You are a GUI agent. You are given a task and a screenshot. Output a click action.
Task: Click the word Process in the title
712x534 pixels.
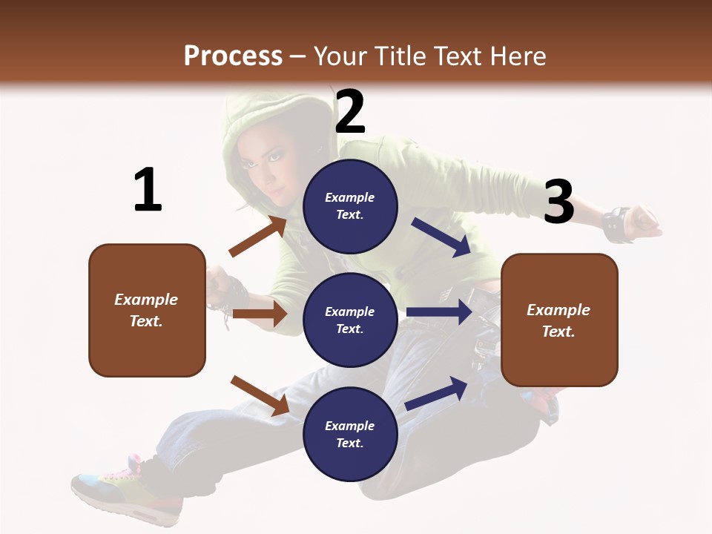(x=233, y=56)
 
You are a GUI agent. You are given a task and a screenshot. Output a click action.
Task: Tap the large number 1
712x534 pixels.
(x=148, y=190)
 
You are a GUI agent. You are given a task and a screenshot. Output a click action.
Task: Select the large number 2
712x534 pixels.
(x=350, y=112)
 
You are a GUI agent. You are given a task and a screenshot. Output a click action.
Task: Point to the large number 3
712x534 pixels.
(x=558, y=202)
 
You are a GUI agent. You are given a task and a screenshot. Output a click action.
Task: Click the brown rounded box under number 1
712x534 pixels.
(x=147, y=310)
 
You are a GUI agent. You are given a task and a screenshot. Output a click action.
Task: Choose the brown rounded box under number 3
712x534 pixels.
(x=559, y=320)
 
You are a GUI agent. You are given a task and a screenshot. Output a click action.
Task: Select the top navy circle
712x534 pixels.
(x=350, y=206)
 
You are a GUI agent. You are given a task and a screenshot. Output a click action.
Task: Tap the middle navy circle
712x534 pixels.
(x=350, y=320)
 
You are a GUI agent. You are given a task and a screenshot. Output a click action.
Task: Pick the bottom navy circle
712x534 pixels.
(x=350, y=434)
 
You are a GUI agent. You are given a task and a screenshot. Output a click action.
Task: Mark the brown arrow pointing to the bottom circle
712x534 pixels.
(x=260, y=395)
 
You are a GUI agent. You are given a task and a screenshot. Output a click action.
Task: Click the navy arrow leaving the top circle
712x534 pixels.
(x=441, y=237)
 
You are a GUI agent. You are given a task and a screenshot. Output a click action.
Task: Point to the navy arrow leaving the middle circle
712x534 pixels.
(x=439, y=312)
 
